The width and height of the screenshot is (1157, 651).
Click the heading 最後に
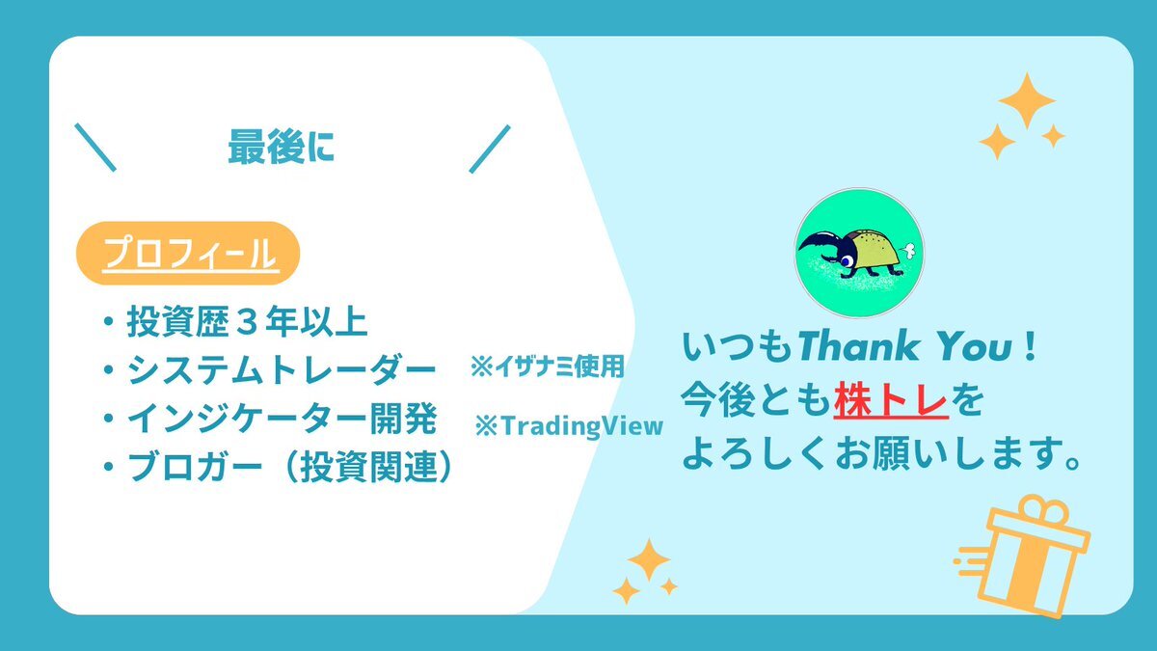[x=281, y=148]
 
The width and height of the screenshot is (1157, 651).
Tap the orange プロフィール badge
[x=188, y=253]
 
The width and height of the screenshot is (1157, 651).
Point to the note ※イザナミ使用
[x=547, y=366]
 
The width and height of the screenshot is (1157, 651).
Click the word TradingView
[x=581, y=426]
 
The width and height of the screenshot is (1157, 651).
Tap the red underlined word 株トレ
[x=891, y=400]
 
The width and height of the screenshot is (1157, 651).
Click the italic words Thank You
[x=905, y=346]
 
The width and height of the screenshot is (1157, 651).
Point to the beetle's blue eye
[x=847, y=261]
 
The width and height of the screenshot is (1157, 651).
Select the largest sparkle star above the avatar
[x=1027, y=100]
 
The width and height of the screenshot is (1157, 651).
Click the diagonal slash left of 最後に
[x=95, y=148]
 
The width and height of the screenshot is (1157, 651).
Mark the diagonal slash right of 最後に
[x=490, y=149]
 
